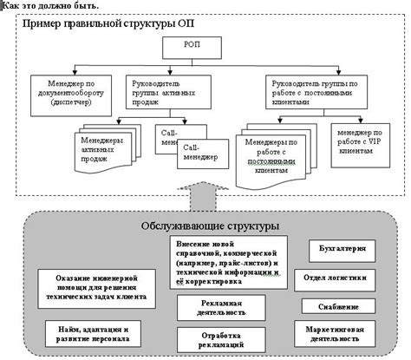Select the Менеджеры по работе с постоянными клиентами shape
277,154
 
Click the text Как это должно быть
50,6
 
